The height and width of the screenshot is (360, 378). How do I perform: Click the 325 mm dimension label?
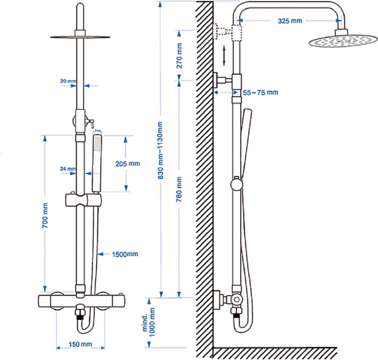pos(290,21)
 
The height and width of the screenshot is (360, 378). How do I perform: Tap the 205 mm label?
pos(127,164)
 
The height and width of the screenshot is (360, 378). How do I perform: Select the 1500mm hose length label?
pos(125,254)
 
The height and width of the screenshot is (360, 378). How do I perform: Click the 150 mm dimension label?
pos(80,344)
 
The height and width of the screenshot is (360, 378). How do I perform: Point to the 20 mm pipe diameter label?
pos(68,81)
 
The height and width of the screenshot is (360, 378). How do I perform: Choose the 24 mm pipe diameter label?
pos(68,169)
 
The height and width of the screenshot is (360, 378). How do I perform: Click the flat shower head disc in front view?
pos(80,37)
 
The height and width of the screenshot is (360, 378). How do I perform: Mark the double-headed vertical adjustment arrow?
pos(224,56)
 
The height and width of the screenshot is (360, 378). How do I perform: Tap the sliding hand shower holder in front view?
pos(83,199)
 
